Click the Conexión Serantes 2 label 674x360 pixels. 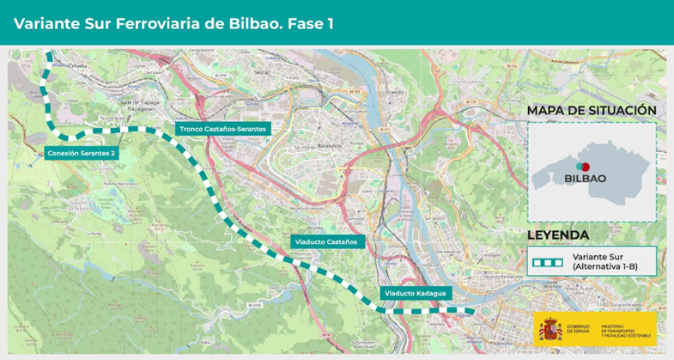[x=82, y=153]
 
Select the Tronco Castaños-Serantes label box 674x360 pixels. [x=223, y=129]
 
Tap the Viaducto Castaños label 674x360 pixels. [x=329, y=241]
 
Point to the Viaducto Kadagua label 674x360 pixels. [x=415, y=293]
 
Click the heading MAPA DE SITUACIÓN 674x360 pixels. [x=592, y=111]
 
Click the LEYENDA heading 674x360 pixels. [x=558, y=235]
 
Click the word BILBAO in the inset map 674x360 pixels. [x=585, y=179]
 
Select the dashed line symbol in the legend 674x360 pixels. [x=547, y=261]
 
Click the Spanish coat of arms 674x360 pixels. [x=550, y=328]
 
